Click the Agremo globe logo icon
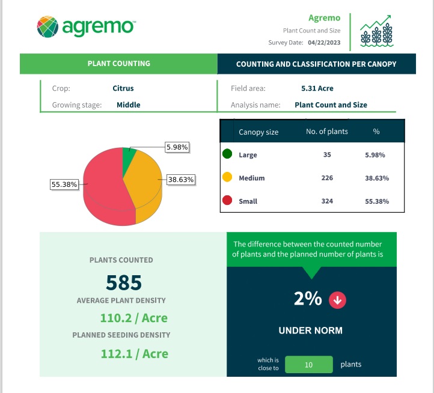click(47, 26)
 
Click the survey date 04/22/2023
click(324, 43)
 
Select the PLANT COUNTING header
click(119, 63)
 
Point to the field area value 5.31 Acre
click(317, 88)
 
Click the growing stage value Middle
click(129, 105)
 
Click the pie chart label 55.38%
click(64, 184)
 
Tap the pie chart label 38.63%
click(182, 179)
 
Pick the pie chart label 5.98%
click(177, 147)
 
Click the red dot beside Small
click(227, 201)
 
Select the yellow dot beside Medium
click(227, 178)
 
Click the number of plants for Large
click(327, 155)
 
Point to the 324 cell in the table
click(327, 201)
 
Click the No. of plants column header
click(326, 132)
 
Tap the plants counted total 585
click(124, 282)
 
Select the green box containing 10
click(308, 364)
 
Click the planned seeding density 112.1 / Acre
click(134, 354)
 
